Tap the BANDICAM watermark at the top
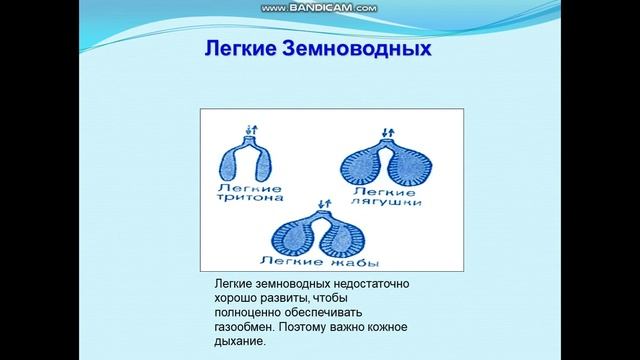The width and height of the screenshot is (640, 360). click(319, 7)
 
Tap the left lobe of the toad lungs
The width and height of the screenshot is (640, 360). click(295, 237)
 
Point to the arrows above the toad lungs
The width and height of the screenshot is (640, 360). click(321, 204)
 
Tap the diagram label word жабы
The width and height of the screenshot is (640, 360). click(337, 263)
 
